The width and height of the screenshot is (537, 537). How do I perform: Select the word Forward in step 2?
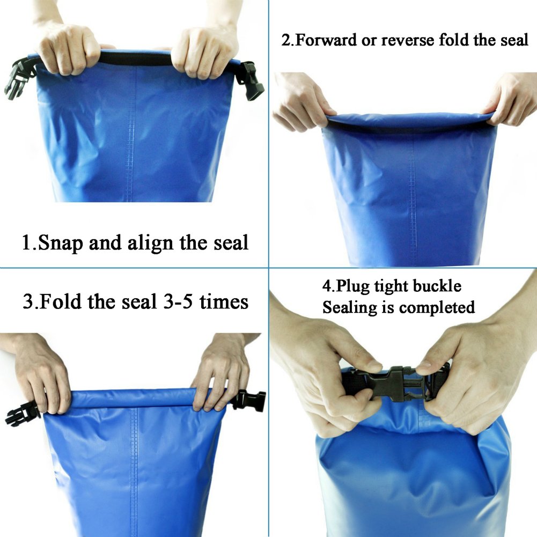tap(327, 40)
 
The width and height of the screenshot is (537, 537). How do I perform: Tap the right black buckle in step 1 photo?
tap(251, 80)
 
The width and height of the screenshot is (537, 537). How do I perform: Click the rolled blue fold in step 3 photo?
tap(134, 399)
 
